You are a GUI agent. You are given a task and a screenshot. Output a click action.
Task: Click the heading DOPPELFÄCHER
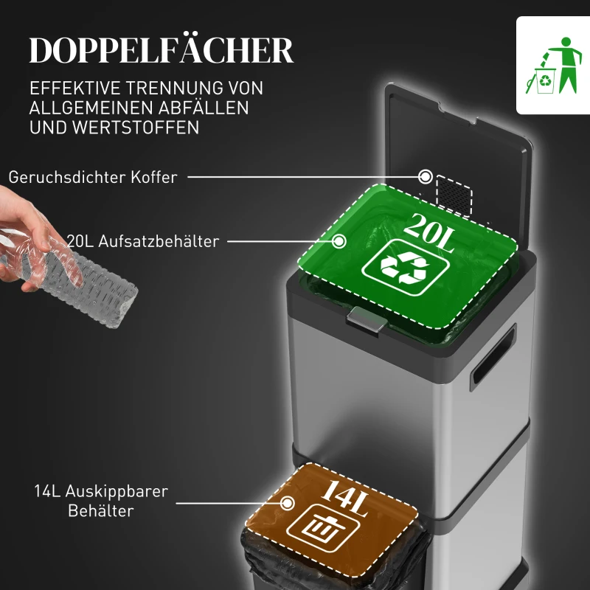click(162, 51)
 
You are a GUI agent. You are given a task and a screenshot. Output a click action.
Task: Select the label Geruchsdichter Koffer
click(93, 177)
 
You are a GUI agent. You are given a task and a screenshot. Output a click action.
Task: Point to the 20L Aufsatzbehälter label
click(142, 241)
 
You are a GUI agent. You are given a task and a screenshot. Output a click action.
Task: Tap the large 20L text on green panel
click(429, 231)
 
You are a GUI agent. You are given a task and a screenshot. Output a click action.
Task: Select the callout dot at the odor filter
click(426, 177)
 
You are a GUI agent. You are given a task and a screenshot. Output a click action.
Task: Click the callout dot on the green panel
click(340, 240)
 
